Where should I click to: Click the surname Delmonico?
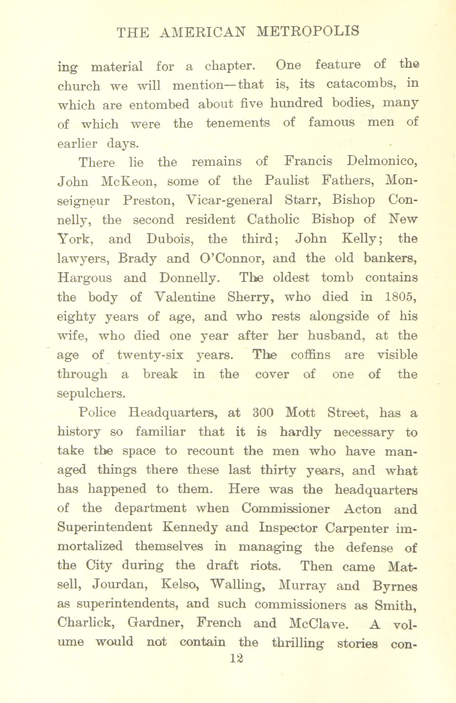coord(382,161)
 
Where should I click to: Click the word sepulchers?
coord(91,394)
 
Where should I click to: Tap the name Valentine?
coord(185,297)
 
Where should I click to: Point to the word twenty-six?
coord(150,355)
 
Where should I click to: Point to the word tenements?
coord(238,123)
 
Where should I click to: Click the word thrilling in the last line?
coord(297,643)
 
